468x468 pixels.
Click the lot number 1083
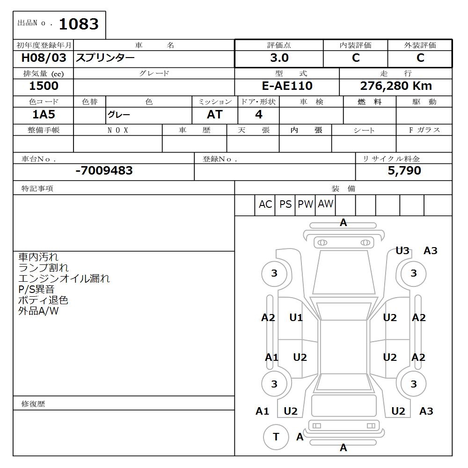(x=79, y=24)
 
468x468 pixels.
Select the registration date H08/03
(x=44, y=58)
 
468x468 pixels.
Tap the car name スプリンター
(x=105, y=58)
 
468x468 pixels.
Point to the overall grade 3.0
(x=279, y=58)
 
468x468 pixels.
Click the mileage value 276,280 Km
(x=396, y=86)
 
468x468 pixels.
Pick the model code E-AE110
(x=287, y=86)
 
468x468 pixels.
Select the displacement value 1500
(x=44, y=86)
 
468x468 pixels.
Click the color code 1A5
(x=44, y=115)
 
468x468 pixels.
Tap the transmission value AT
(x=214, y=115)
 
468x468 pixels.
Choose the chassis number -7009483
(x=104, y=170)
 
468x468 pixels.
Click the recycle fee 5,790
(x=404, y=170)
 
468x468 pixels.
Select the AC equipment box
(x=265, y=205)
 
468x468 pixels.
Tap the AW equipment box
(x=326, y=204)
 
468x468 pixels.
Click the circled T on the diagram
(x=276, y=437)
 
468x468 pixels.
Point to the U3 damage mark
(x=402, y=250)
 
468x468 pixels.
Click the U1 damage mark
(x=296, y=318)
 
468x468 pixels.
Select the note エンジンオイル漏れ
(x=64, y=278)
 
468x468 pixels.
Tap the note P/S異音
(x=36, y=289)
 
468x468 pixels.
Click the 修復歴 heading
(x=34, y=403)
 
